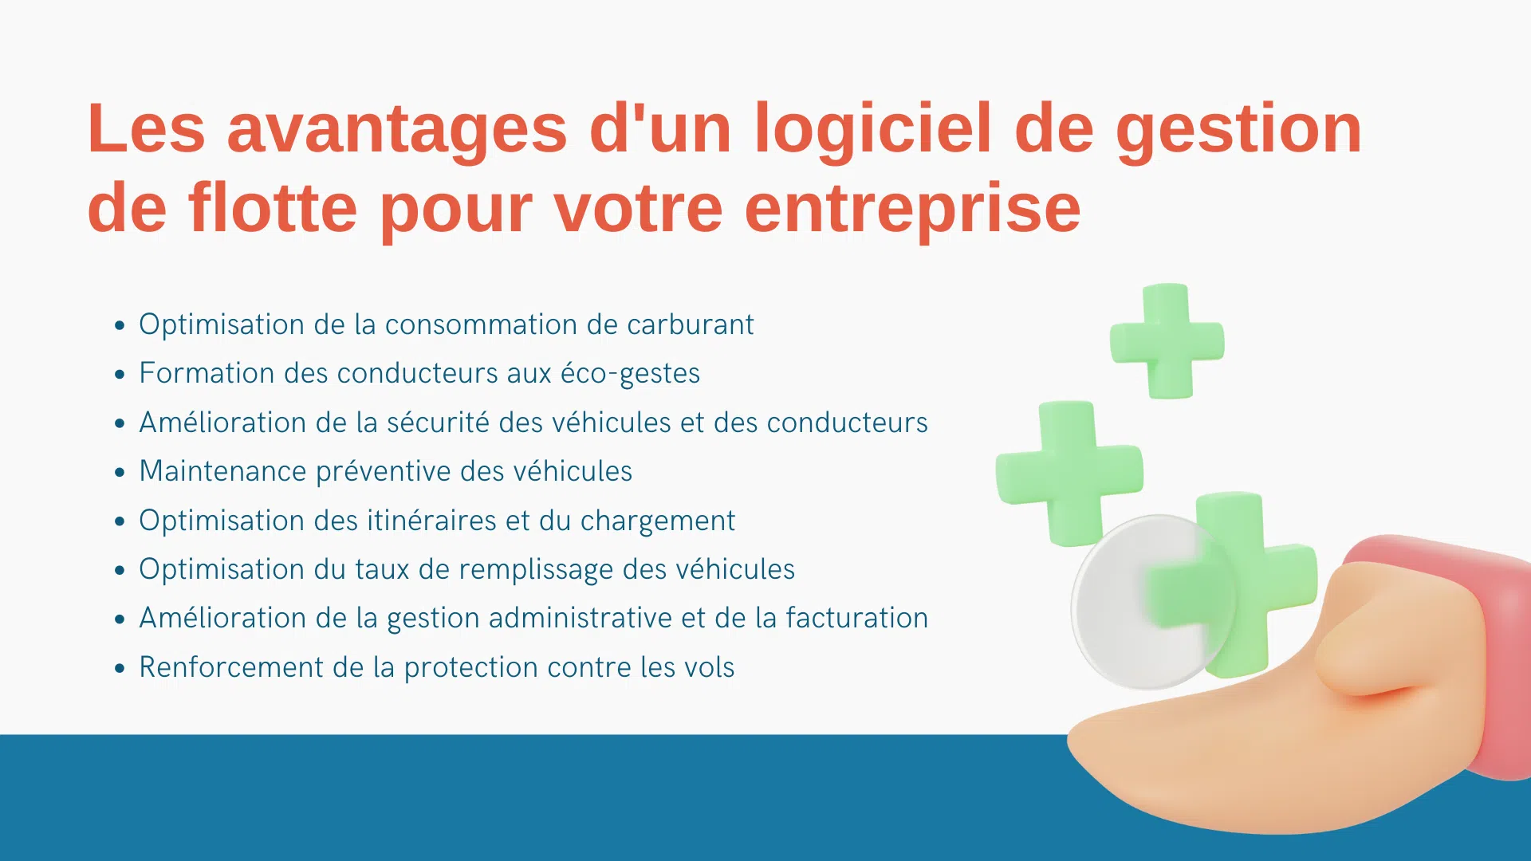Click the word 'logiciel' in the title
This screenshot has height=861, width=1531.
click(x=873, y=129)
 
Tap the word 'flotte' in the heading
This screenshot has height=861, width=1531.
click(x=273, y=207)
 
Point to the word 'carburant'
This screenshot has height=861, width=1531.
click(x=690, y=324)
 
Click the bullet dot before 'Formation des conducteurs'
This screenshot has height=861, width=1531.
click(x=120, y=374)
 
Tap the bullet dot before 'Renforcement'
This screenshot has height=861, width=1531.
click(x=120, y=667)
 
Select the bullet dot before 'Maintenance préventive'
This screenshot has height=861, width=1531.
click(x=120, y=472)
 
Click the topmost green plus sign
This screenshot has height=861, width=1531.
click(x=1167, y=341)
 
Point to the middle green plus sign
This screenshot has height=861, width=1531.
click(x=1069, y=474)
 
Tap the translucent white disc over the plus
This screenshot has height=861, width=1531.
click(x=1153, y=602)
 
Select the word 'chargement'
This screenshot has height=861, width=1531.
click(x=657, y=521)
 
